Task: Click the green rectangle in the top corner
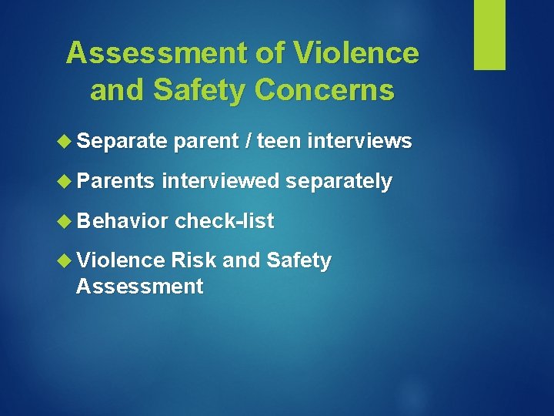pos(489,35)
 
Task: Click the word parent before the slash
pos(208,142)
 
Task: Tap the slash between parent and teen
pos(248,142)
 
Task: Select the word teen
pos(279,142)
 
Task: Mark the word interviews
pos(359,142)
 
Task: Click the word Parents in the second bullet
pos(116,182)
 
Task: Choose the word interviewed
pos(221,182)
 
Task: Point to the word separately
pos(339,182)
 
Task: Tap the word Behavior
pos(122,222)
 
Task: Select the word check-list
pos(224,222)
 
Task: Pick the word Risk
pos(194,261)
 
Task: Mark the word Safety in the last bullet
pos(299,261)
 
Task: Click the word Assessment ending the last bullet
pos(139,287)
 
